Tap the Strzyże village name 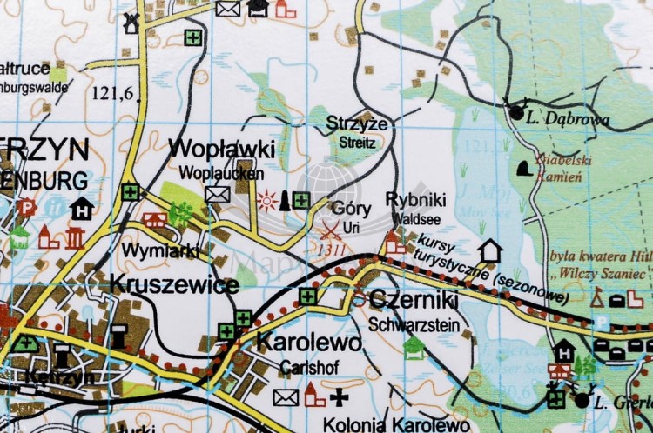(351, 123)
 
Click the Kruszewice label (174, 285)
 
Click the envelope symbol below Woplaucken (217, 194)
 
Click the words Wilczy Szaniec (609, 274)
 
